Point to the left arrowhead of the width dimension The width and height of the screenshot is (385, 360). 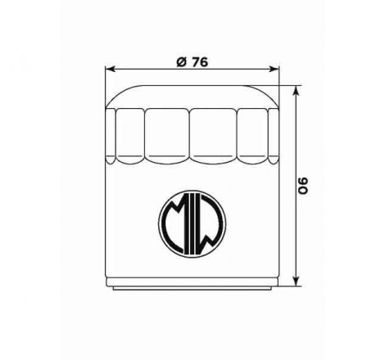112,70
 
